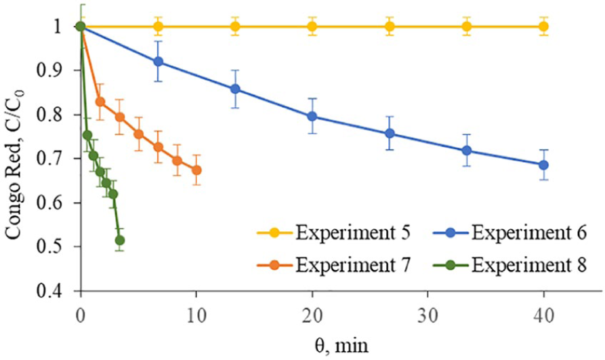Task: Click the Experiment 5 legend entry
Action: pos(333,235)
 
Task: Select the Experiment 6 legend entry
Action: pos(507,235)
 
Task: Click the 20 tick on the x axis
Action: pos(312,314)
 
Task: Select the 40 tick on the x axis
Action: pos(543,314)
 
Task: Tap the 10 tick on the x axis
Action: pos(196,314)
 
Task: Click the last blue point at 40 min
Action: pos(543,165)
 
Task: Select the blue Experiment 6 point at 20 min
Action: pos(312,116)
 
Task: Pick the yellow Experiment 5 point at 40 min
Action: pos(543,26)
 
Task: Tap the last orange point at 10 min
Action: pos(196,170)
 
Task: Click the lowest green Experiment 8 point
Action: pos(120,240)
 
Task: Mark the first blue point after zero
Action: pos(159,62)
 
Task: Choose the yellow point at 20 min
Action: pos(312,26)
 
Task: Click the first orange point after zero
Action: pos(100,102)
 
